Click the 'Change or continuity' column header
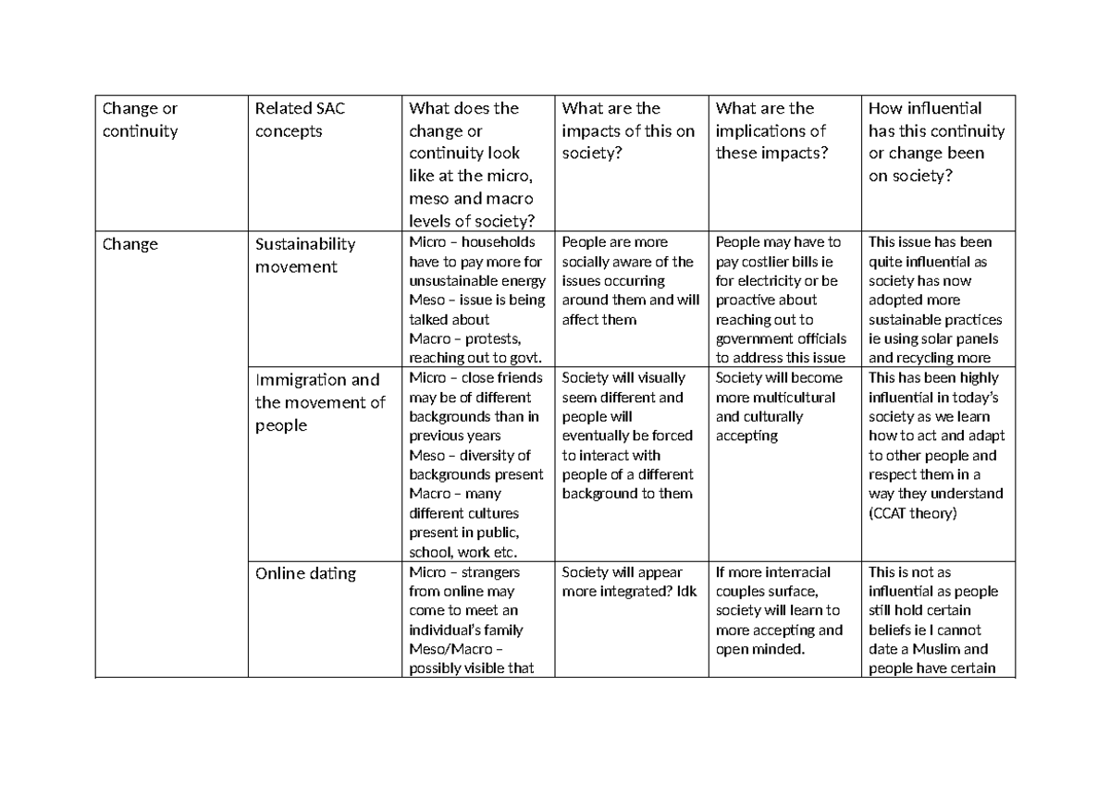click(x=140, y=120)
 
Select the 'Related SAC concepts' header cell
click(x=300, y=120)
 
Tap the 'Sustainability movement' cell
click(x=304, y=255)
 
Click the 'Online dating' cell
click(x=305, y=573)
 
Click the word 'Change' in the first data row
click(x=130, y=245)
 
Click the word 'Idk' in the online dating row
click(x=685, y=591)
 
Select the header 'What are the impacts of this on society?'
click(x=627, y=131)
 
